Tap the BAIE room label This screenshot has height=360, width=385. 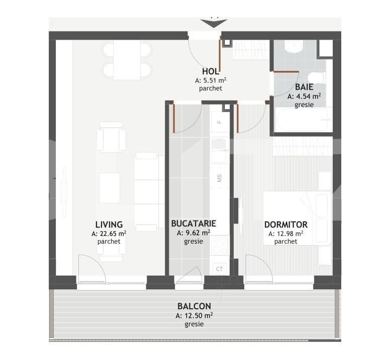pyautogui.click(x=305, y=87)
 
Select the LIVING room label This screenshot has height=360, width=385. pyautogui.click(x=109, y=224)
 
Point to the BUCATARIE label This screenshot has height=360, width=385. pyautogui.click(x=194, y=223)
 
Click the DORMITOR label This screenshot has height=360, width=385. pyautogui.click(x=286, y=224)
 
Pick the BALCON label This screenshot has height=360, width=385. pyautogui.click(x=194, y=306)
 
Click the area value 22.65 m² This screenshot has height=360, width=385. pyautogui.click(x=109, y=233)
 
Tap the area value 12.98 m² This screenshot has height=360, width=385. pyautogui.click(x=286, y=233)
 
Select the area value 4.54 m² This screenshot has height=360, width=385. pyautogui.click(x=305, y=96)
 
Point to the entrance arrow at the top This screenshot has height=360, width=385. pyautogui.click(x=214, y=23)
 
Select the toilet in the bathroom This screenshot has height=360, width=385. pyautogui.click(x=317, y=78)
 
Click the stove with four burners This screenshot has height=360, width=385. pyautogui.click(x=219, y=245)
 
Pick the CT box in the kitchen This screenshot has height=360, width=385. pyautogui.click(x=219, y=269)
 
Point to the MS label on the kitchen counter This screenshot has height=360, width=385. pyautogui.click(x=220, y=178)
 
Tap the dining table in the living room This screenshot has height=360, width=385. pyautogui.click(x=127, y=59)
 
